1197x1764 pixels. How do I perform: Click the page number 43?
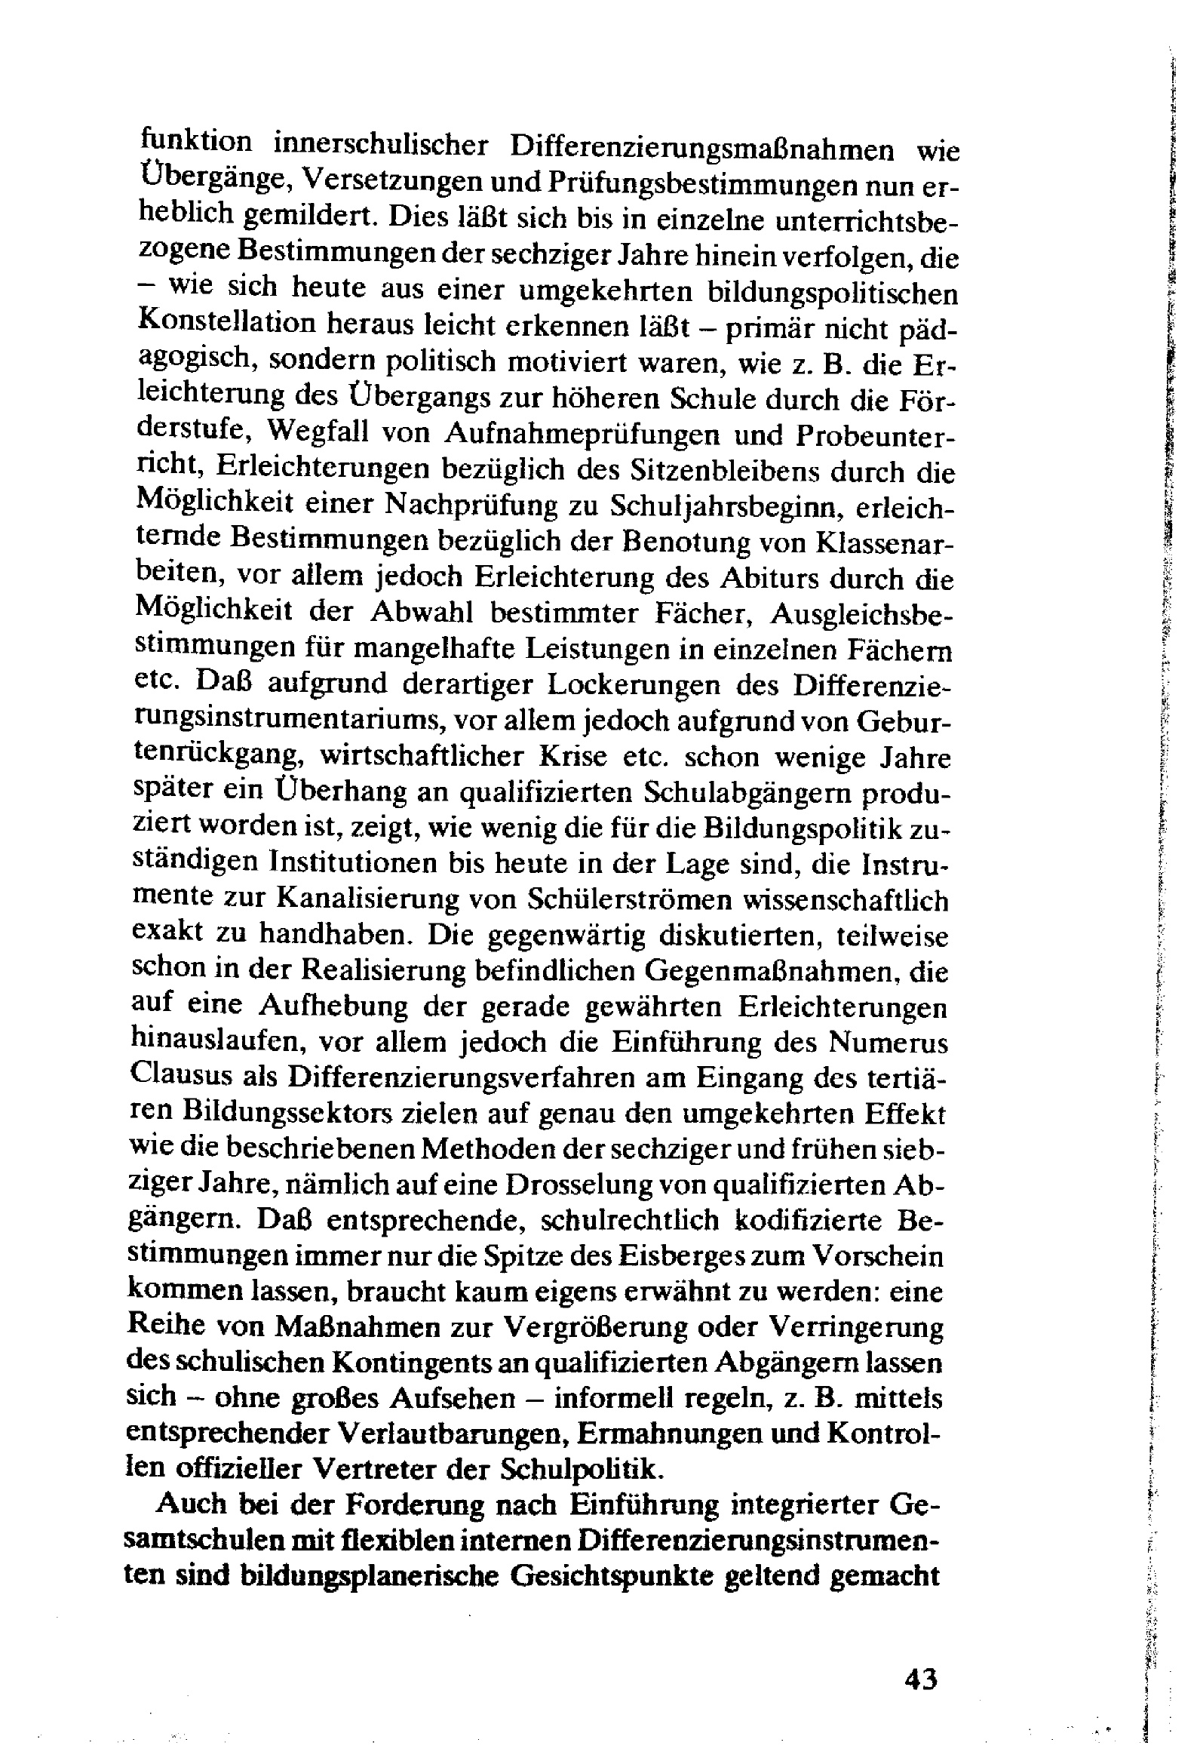921,1678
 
